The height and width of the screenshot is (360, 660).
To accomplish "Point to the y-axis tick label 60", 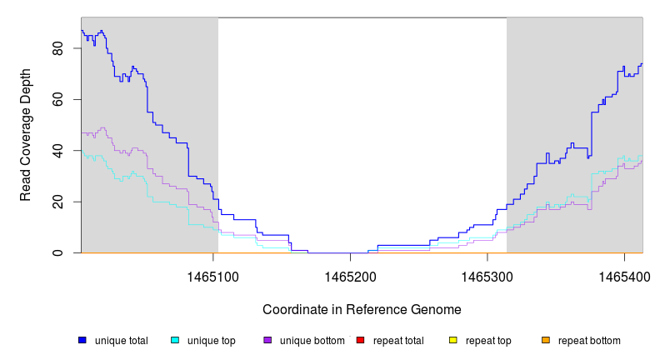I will point(58,99).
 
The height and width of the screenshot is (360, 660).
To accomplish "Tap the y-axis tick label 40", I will point(58,151).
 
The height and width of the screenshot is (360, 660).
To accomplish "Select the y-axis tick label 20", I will point(58,202).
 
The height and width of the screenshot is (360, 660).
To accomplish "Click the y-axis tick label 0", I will point(58,252).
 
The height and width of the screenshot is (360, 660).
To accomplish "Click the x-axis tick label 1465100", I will point(212,274).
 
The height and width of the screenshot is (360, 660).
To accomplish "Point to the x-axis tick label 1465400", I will point(624,274).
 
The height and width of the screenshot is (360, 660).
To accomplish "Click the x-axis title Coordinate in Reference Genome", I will point(362,309).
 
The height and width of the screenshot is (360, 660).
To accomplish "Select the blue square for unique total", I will point(82,340).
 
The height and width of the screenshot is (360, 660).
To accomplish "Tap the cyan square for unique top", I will point(175,340).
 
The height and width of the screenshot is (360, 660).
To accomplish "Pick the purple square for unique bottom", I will point(267,340).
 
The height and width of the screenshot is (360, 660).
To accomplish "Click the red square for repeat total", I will point(360,340).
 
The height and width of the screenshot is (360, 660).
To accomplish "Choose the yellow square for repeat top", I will point(453,340).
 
